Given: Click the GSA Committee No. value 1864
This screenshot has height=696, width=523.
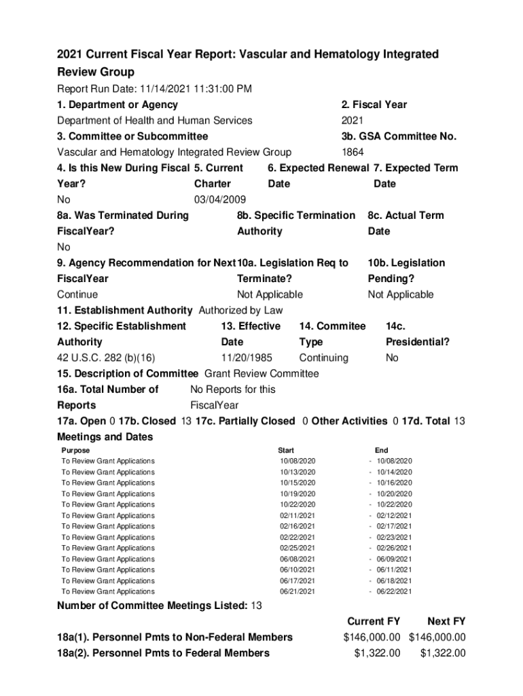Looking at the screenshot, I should [x=352, y=152].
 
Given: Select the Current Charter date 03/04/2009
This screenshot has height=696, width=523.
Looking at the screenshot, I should [x=220, y=200].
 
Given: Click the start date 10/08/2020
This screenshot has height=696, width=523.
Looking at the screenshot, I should [x=297, y=461].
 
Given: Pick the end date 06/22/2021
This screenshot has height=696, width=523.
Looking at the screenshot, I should [x=395, y=591].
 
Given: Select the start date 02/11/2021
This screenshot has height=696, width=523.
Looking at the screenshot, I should [x=297, y=515].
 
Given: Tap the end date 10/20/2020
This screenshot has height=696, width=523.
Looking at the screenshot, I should [x=395, y=493].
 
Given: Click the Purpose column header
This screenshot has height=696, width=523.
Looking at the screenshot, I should [x=75, y=450].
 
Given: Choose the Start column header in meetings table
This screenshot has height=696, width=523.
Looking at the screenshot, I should [x=286, y=450].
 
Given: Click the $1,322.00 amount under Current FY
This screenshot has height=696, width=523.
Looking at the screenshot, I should [x=377, y=653].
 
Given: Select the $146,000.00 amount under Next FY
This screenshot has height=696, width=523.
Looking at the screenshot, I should [x=437, y=638].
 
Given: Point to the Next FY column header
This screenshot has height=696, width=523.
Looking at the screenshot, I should [x=446, y=621].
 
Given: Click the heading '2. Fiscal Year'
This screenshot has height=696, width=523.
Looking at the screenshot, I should [x=374, y=105].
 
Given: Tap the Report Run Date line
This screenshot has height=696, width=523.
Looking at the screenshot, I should [x=155, y=89].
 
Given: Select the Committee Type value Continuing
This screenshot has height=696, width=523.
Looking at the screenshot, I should [x=323, y=358].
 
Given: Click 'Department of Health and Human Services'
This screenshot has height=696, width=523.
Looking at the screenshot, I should [x=155, y=120].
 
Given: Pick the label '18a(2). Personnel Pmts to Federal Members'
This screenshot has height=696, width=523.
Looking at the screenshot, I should [x=163, y=653].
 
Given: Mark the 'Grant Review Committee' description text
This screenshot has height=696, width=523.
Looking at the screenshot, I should [x=261, y=374].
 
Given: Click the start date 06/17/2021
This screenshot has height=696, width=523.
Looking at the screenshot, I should [x=297, y=580].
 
